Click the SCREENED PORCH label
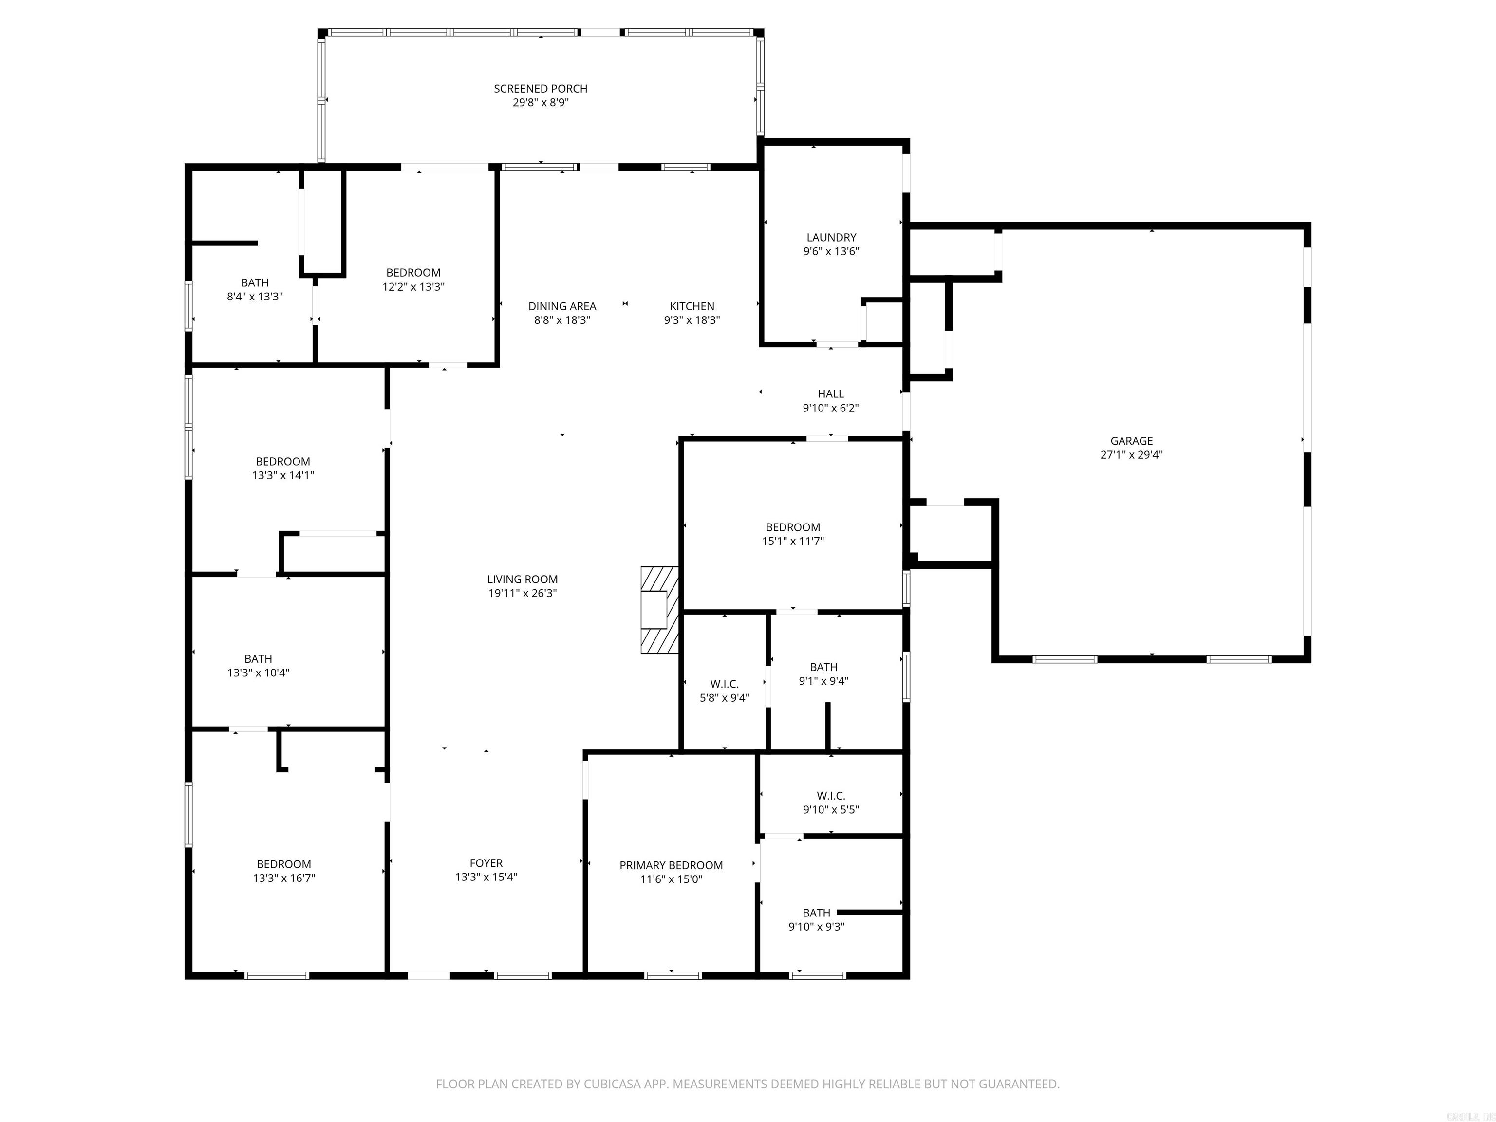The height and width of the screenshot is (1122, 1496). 541,89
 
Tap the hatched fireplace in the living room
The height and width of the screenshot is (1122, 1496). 659,609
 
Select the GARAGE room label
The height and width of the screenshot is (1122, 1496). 1131,441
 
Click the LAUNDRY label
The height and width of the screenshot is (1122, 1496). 830,237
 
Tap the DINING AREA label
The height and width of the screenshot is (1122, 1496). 562,306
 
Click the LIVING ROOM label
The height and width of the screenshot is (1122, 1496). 522,579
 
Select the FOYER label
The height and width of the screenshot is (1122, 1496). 486,863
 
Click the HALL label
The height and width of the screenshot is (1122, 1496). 830,393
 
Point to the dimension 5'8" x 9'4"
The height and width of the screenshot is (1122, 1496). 724,698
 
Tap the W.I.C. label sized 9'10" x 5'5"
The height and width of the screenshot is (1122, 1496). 830,796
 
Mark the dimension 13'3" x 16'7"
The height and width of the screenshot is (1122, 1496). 283,879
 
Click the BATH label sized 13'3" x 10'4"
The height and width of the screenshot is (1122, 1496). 258,659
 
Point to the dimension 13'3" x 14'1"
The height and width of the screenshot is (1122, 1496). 283,475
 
